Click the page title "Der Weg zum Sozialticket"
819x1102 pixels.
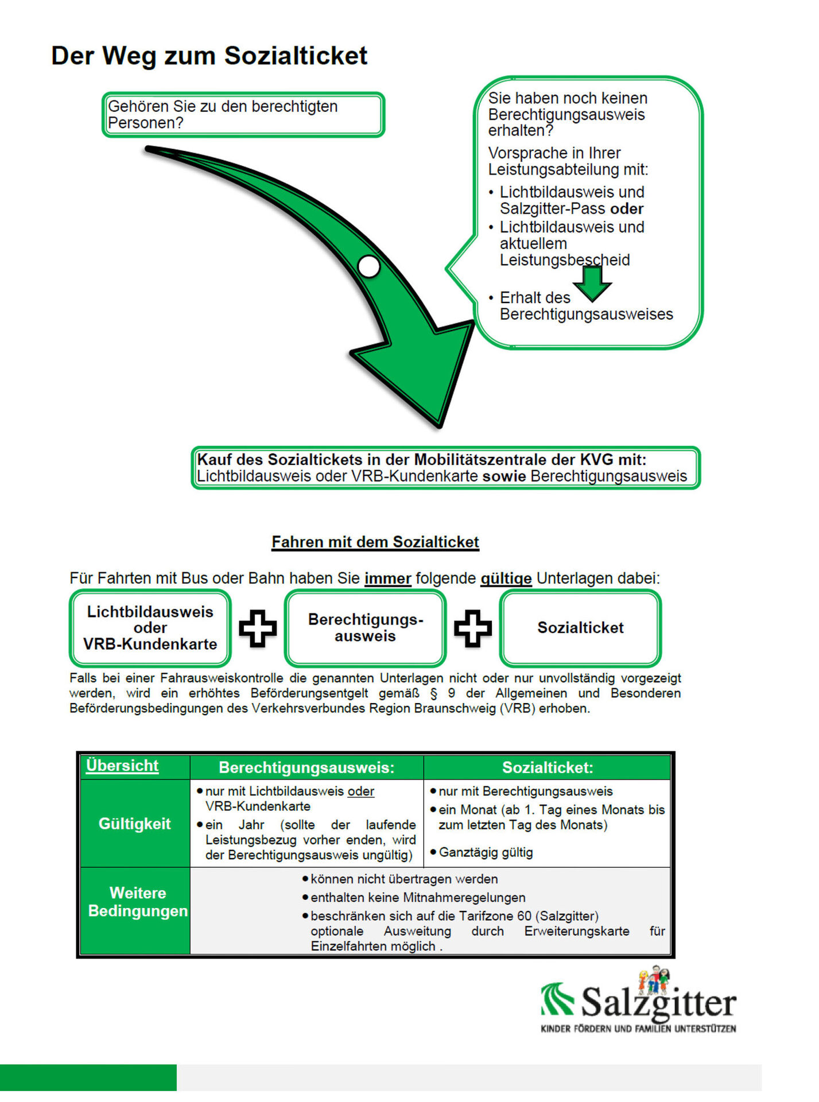(x=209, y=56)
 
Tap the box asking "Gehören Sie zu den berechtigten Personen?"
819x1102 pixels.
(x=243, y=115)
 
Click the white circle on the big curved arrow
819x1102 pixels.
(x=368, y=266)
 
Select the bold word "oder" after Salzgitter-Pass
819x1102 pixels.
(x=627, y=209)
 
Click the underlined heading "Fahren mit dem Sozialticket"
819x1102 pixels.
(x=375, y=542)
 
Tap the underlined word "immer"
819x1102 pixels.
(x=388, y=579)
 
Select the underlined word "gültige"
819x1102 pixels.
(x=506, y=579)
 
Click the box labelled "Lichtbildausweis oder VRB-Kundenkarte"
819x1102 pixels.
(x=150, y=628)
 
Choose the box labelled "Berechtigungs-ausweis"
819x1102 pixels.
(x=366, y=628)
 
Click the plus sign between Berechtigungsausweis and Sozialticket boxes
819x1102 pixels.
(x=473, y=628)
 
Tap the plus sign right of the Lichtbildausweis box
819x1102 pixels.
(x=258, y=628)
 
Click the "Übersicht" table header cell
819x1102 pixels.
(x=122, y=766)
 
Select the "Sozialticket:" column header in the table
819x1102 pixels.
(x=548, y=768)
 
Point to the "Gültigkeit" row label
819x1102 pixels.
(x=135, y=824)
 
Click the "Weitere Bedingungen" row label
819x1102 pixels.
(x=137, y=902)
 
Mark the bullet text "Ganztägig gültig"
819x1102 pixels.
(x=486, y=853)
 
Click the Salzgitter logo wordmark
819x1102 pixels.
(x=658, y=1003)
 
